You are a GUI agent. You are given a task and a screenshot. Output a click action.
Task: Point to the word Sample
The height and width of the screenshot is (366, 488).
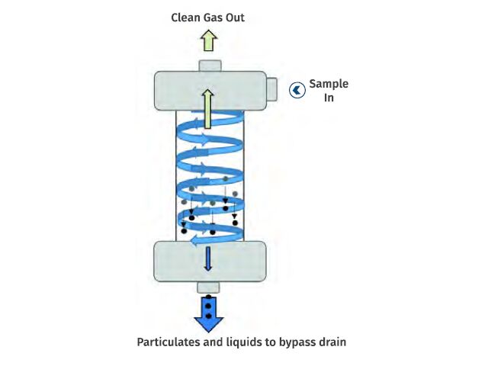[329, 85]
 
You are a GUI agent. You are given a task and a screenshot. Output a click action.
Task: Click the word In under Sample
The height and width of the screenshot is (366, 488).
[329, 98]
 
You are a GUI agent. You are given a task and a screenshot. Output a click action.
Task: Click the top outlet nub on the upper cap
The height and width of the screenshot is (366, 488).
[210, 66]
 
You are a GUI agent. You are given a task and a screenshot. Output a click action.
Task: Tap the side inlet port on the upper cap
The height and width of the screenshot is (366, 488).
[272, 89]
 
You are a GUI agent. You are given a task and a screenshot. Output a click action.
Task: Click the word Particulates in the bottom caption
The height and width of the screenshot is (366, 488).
[169, 342]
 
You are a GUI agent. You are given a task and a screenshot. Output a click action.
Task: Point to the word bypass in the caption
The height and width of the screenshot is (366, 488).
[298, 342]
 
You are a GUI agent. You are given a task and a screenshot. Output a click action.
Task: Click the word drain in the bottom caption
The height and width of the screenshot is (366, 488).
[332, 342]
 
